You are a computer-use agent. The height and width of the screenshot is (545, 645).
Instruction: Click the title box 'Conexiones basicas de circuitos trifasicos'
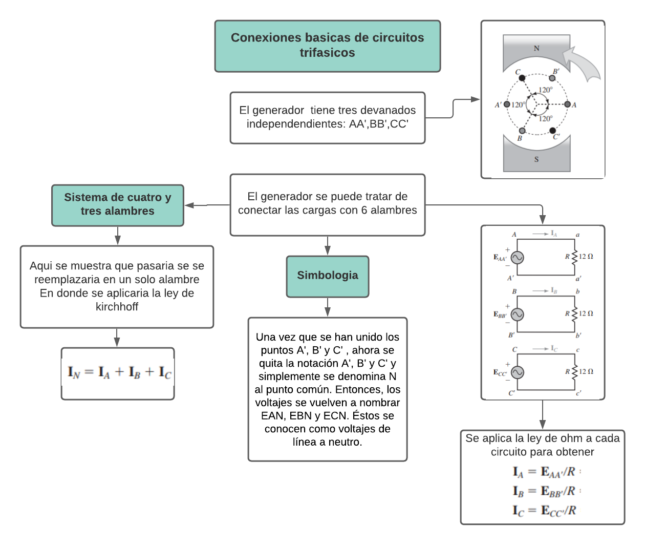pyautogui.click(x=327, y=46)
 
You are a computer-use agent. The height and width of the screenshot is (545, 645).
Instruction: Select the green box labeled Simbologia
pyautogui.click(x=327, y=276)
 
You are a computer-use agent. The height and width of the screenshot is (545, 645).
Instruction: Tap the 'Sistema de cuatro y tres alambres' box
pyautogui.click(x=117, y=204)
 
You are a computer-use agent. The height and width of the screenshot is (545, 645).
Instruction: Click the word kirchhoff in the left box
pyautogui.click(x=117, y=307)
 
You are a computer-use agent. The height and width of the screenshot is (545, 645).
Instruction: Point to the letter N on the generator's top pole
pyautogui.click(x=536, y=49)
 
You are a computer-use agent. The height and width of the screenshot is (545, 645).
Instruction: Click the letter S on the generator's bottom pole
pyautogui.click(x=536, y=159)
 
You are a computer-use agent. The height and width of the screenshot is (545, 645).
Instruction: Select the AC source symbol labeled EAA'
pyautogui.click(x=517, y=258)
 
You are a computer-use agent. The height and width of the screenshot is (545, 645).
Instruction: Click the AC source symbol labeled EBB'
pyautogui.click(x=517, y=315)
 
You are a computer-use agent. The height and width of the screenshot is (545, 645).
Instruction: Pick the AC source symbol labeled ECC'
pyautogui.click(x=517, y=372)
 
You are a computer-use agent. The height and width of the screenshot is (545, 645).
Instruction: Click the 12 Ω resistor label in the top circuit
pyautogui.click(x=586, y=257)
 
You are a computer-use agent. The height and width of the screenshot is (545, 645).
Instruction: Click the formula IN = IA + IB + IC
pyautogui.click(x=119, y=372)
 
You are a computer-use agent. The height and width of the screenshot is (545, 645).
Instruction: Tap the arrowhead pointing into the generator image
pyautogui.click(x=476, y=99)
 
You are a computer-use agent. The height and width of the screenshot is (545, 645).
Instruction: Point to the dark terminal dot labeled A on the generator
pyautogui.click(x=567, y=104)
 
